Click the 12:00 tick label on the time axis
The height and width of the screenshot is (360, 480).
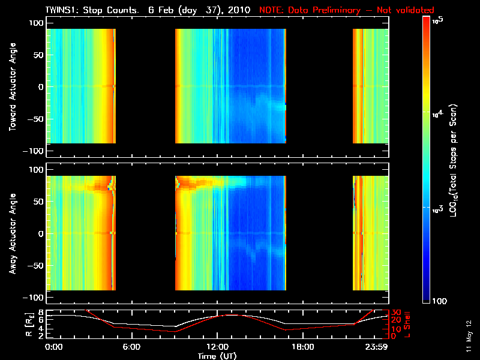tap(217, 347)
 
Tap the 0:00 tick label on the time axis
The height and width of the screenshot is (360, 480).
tap(53, 347)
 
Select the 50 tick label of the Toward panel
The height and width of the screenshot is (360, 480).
tap(37, 55)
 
